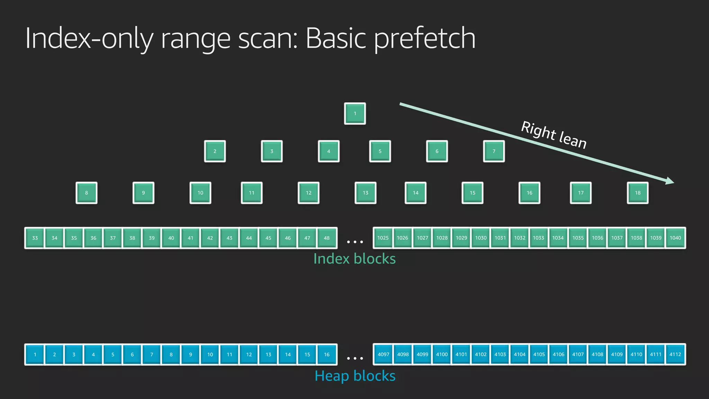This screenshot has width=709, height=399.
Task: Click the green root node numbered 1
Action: [x=355, y=114]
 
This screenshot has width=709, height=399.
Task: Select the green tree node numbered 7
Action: [x=494, y=151]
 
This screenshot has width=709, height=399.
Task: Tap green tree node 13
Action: [x=365, y=193]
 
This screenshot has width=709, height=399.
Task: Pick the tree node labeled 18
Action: [x=637, y=193]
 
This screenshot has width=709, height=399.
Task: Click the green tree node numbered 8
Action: [x=87, y=193]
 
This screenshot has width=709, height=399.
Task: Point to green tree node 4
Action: [x=329, y=151]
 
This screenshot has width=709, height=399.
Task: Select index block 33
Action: [x=35, y=238]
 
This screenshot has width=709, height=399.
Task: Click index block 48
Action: [x=326, y=238]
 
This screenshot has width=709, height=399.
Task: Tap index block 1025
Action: [x=383, y=238]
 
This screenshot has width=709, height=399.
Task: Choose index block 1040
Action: [x=675, y=238]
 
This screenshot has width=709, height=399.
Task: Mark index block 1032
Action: [x=520, y=238]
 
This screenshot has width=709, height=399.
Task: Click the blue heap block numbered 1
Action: [x=35, y=354]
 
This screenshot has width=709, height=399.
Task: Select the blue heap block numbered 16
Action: [x=326, y=354]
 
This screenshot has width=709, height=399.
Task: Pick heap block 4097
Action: [x=383, y=354]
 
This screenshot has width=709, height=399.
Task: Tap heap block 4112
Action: [x=675, y=354]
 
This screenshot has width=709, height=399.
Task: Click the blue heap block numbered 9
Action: [x=190, y=354]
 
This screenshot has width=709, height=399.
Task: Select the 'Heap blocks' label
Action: [x=355, y=376]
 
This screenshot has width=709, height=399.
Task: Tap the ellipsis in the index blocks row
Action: [x=355, y=242]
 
